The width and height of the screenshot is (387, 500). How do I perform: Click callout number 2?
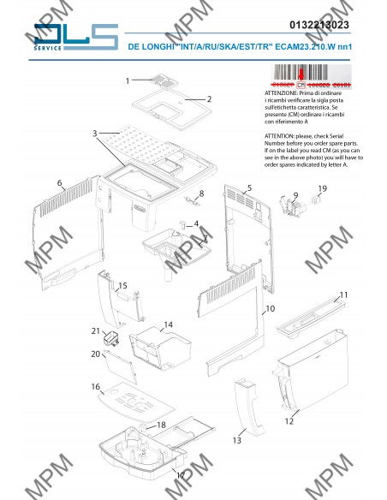(209, 99)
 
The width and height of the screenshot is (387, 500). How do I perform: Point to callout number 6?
(59, 183)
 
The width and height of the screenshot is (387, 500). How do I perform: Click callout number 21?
(95, 330)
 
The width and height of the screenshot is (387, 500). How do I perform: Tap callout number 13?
(237, 439)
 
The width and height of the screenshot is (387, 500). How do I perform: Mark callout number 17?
(180, 473)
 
